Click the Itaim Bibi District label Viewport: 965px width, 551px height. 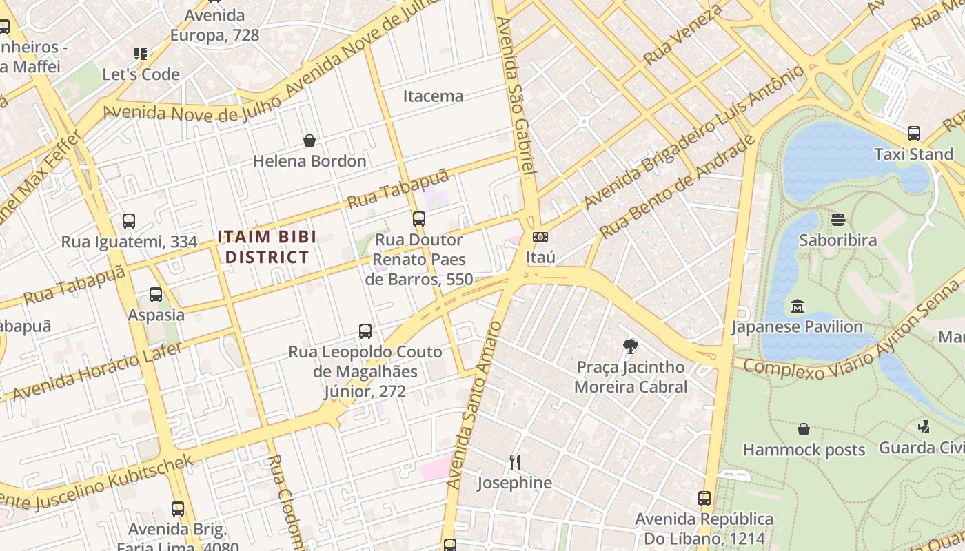coord(267,247)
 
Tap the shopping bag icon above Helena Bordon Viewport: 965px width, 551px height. coord(309,141)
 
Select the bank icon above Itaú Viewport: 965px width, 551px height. coord(540,237)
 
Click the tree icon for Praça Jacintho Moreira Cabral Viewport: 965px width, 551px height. coord(630,346)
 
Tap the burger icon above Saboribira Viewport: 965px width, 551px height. coord(838,220)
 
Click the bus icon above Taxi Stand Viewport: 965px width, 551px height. coord(913,134)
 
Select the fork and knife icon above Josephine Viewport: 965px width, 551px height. coord(514,461)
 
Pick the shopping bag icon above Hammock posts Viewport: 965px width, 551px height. coord(804,429)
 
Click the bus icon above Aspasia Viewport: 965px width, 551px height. coord(156,295)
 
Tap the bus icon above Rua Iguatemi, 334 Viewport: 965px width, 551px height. coord(129,221)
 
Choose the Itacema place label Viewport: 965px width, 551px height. coord(433,96)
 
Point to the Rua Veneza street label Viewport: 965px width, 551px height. coord(683,34)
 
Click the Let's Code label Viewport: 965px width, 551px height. coord(141,74)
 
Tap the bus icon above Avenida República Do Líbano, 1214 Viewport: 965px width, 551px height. coord(704,498)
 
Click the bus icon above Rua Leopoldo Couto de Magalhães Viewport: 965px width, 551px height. coord(365,331)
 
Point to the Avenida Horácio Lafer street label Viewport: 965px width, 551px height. coord(98,371)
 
